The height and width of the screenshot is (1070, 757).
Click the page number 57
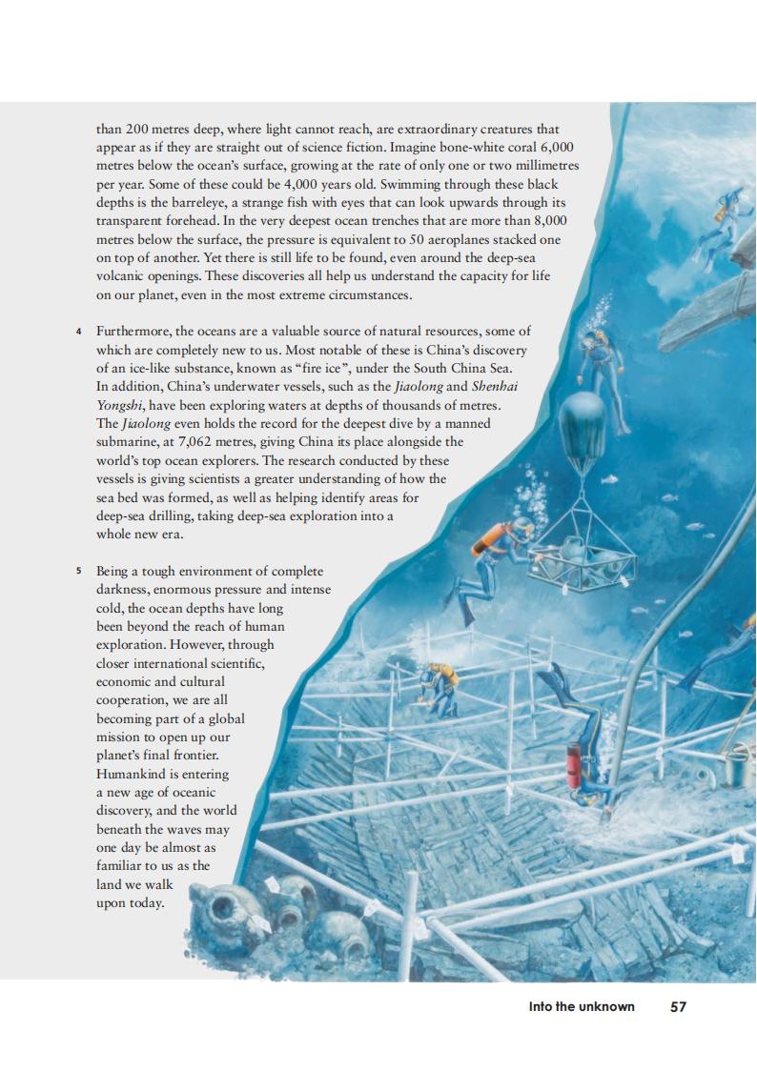[x=678, y=1006]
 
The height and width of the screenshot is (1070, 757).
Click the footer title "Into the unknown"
[x=582, y=1006]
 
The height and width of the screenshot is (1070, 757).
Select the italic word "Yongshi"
[x=122, y=404]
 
